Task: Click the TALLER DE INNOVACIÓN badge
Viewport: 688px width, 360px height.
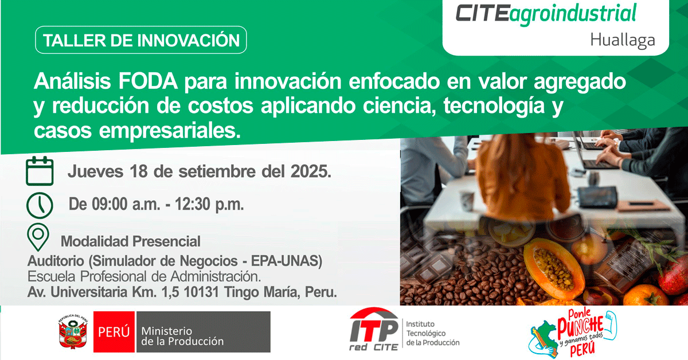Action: pyautogui.click(x=140, y=40)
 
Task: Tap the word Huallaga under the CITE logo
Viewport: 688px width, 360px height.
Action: pyautogui.click(x=623, y=40)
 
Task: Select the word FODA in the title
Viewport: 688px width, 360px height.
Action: pyautogui.click(x=148, y=81)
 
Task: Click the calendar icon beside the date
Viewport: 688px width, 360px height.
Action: pyautogui.click(x=40, y=171)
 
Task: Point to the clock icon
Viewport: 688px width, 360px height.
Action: pyautogui.click(x=40, y=205)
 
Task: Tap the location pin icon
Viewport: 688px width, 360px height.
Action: pyautogui.click(x=38, y=237)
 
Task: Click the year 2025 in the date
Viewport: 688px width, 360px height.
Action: pyautogui.click(x=311, y=171)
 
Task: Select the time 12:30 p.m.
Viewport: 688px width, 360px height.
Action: pyautogui.click(x=209, y=204)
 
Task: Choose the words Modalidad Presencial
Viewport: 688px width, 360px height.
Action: pyautogui.click(x=131, y=241)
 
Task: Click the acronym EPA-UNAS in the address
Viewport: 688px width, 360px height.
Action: pyautogui.click(x=287, y=261)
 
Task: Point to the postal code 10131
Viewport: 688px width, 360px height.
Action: pyautogui.click(x=201, y=292)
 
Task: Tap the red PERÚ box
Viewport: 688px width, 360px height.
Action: pyautogui.click(x=114, y=332)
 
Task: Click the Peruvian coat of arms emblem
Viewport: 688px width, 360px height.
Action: pyautogui.click(x=73, y=332)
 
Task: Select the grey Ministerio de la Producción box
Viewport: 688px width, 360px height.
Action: pyautogui.click(x=204, y=332)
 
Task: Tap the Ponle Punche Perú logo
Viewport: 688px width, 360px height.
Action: pyautogui.click(x=573, y=333)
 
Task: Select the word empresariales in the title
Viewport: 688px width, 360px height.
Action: pyautogui.click(x=170, y=131)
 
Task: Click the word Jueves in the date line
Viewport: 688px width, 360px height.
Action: pyautogui.click(x=96, y=171)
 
